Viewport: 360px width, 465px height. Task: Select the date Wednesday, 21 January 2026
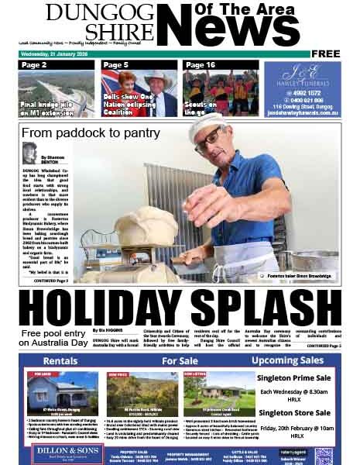[x=58, y=53]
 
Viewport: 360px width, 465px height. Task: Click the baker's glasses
[x=207, y=141]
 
